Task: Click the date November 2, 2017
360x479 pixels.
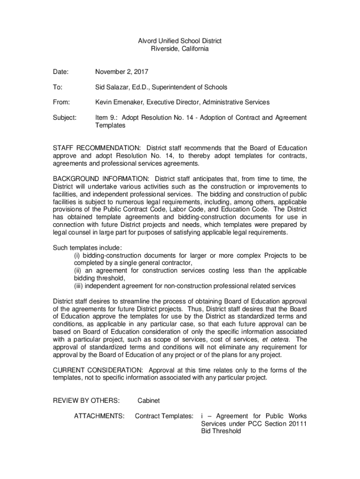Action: (122, 72)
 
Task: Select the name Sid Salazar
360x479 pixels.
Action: (113, 87)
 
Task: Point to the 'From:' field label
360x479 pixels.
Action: (61, 102)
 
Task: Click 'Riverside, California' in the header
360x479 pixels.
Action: (180, 49)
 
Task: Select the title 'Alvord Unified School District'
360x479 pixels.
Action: (180, 41)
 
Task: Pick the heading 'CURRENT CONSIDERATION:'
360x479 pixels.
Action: (99, 370)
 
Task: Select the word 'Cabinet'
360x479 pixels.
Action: (149, 400)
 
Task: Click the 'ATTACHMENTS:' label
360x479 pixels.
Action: (99, 415)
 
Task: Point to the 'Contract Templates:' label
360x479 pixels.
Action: (164, 415)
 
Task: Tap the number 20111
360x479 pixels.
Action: (297, 423)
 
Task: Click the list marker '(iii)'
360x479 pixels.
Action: (80, 286)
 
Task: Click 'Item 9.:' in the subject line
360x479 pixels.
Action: (107, 118)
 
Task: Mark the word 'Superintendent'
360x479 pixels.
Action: (170, 87)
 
